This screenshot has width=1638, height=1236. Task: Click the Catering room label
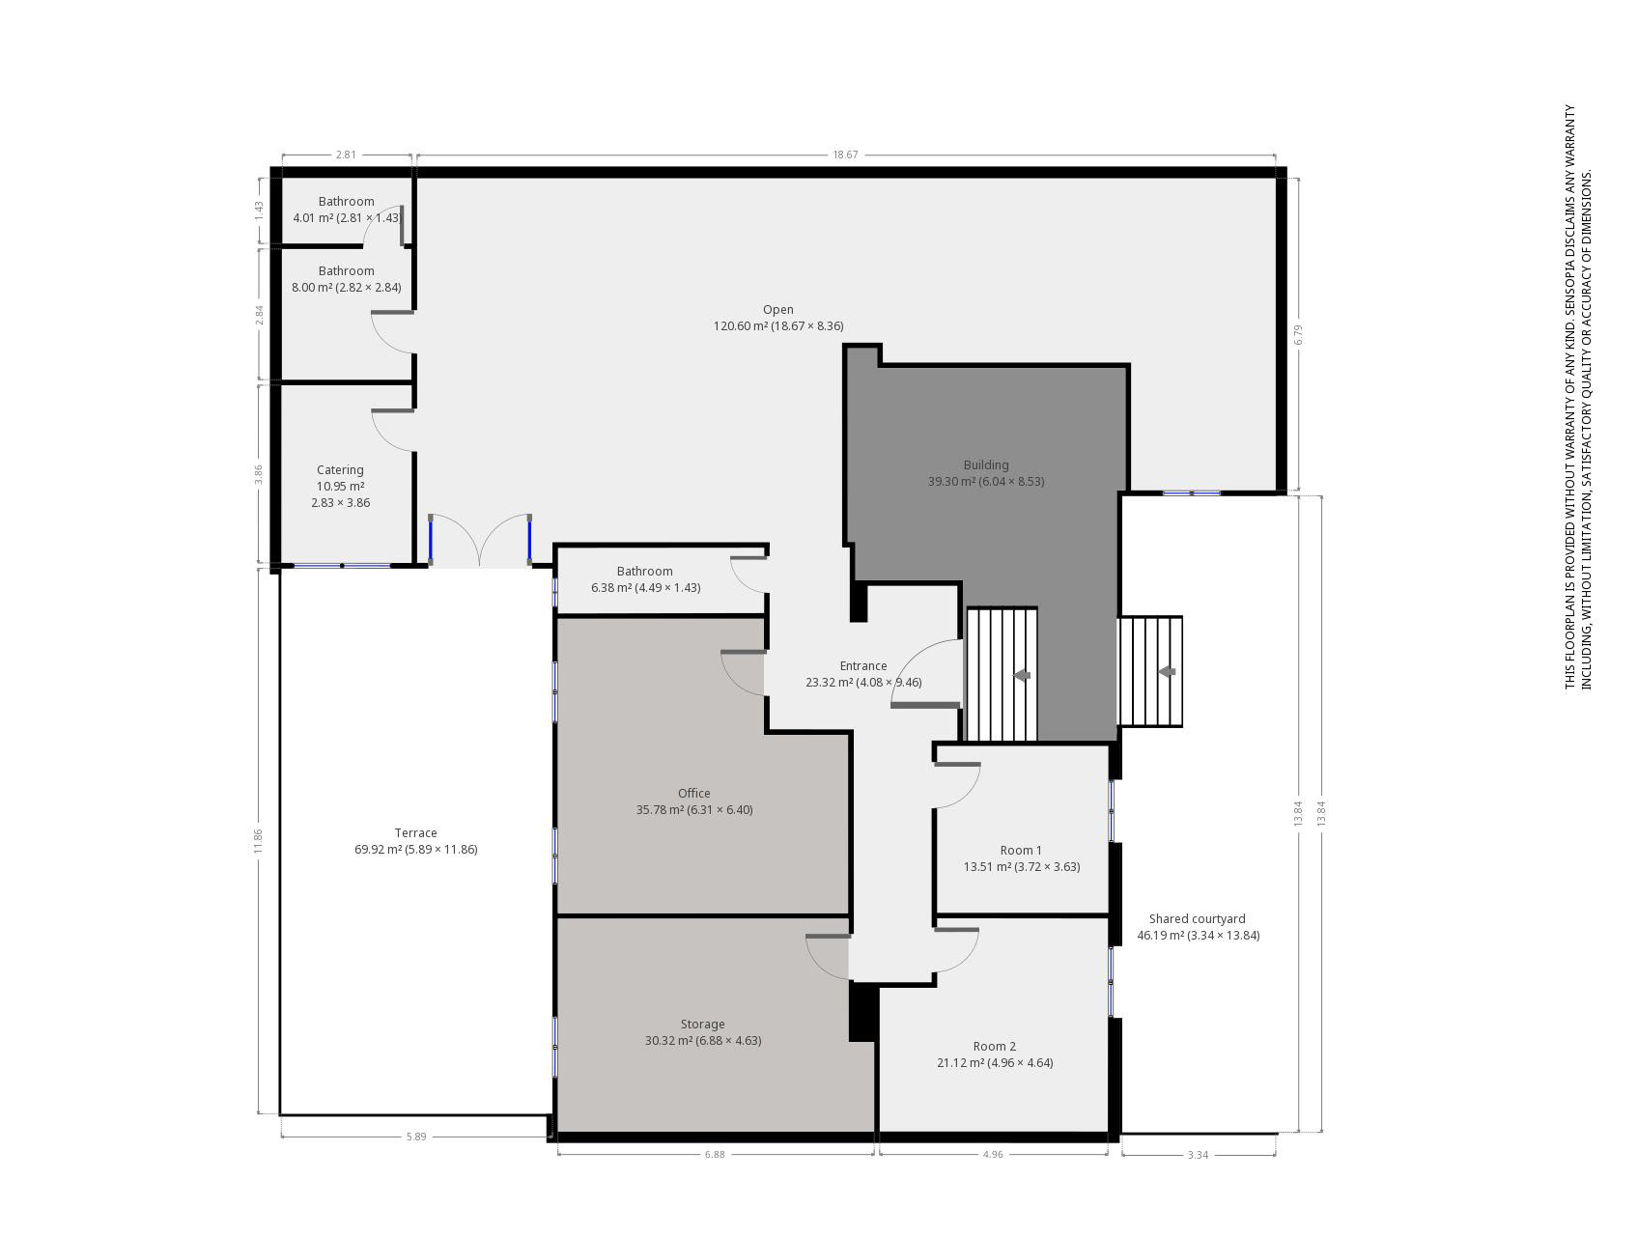tap(340, 470)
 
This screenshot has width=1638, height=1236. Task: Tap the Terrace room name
tap(415, 833)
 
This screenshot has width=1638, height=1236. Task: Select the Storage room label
tap(702, 1025)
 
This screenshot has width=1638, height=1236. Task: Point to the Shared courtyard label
tap(1197, 919)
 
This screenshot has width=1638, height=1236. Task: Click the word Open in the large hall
tap(777, 310)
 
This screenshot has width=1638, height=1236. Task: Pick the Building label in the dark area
tap(985, 465)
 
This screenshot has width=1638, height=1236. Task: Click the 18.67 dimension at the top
tap(845, 154)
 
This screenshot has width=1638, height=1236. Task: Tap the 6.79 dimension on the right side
tap(1299, 334)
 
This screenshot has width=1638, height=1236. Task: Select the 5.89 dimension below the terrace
tap(415, 1137)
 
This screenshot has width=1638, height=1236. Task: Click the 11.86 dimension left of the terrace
tap(258, 841)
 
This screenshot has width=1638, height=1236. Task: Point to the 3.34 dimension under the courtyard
tap(1198, 1155)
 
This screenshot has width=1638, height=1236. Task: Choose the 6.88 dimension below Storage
tap(714, 1155)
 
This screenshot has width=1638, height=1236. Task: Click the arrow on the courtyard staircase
tap(1167, 671)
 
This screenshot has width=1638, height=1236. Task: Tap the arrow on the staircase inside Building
tap(1021, 675)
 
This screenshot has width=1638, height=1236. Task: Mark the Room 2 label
tap(994, 1047)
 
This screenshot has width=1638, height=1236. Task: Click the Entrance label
tap(862, 666)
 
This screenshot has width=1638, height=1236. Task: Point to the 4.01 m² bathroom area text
tap(313, 218)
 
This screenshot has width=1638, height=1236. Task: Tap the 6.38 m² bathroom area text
tap(611, 588)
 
